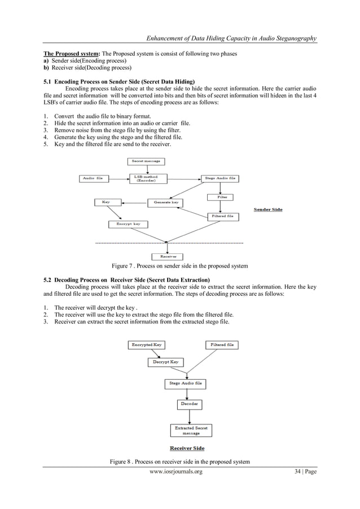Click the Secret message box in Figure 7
146,161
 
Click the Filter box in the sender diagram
222,197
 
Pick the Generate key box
166,201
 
